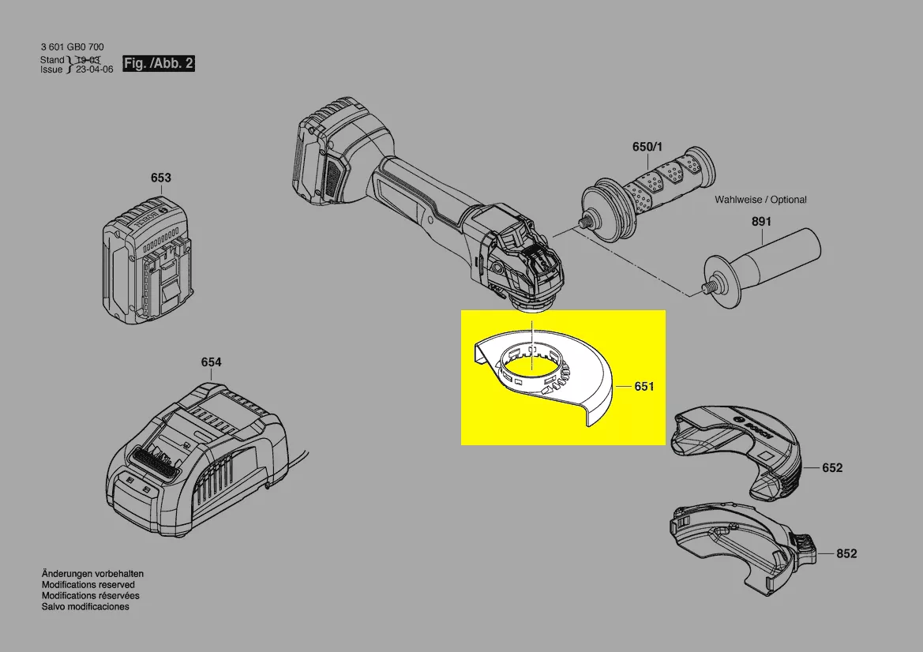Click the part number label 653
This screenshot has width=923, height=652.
click(x=161, y=178)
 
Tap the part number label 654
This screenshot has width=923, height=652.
click(x=212, y=362)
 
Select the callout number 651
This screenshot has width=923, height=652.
click(x=644, y=387)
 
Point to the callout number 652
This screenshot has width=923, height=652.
click(x=832, y=468)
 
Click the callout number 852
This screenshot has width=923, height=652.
click(x=846, y=554)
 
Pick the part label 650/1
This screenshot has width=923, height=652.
click(x=647, y=147)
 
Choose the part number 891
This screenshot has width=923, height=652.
click(x=761, y=222)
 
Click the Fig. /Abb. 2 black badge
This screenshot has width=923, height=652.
click(x=159, y=63)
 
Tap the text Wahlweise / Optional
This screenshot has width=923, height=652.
click(x=760, y=200)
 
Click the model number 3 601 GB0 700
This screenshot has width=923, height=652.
click(x=73, y=47)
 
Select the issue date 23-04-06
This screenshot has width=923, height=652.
click(x=94, y=69)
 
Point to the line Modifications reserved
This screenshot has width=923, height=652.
click(x=88, y=585)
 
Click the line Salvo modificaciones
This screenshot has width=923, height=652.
click(x=85, y=606)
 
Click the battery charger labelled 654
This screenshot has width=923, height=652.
click(x=197, y=459)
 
